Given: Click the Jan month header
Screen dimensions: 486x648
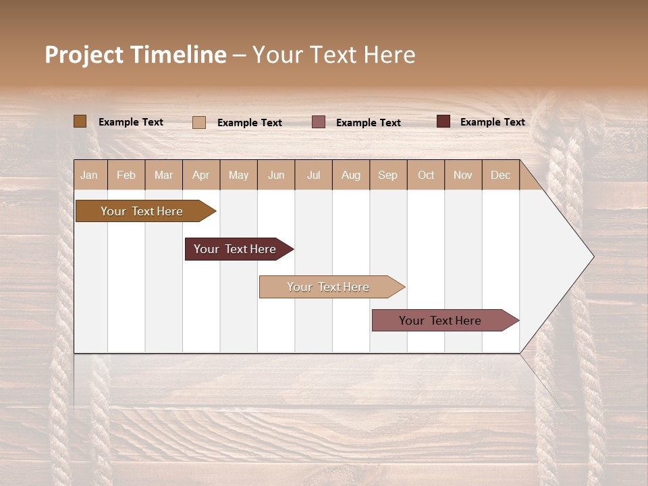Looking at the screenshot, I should (90, 175).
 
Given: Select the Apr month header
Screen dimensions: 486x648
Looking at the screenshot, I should (201, 175).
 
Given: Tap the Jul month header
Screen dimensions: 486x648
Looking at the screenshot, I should (313, 175).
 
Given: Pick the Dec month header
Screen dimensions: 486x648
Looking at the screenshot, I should (500, 175).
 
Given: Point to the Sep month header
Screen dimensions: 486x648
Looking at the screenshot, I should (388, 175).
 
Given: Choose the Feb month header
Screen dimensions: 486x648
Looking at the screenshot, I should (126, 175).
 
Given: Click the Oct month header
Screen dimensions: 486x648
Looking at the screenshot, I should (426, 175).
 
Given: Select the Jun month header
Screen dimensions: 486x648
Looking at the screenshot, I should (276, 175).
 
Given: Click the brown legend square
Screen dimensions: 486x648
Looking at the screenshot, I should (80, 122).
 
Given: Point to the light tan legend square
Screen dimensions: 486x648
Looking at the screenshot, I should (199, 122).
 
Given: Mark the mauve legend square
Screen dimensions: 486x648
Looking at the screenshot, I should (319, 122).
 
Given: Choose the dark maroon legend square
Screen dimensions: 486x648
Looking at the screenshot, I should (443, 122).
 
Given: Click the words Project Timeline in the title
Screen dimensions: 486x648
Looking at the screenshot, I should (136, 55).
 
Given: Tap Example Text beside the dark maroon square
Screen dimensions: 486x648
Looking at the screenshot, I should (492, 122).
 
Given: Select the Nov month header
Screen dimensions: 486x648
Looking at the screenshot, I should (463, 175).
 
